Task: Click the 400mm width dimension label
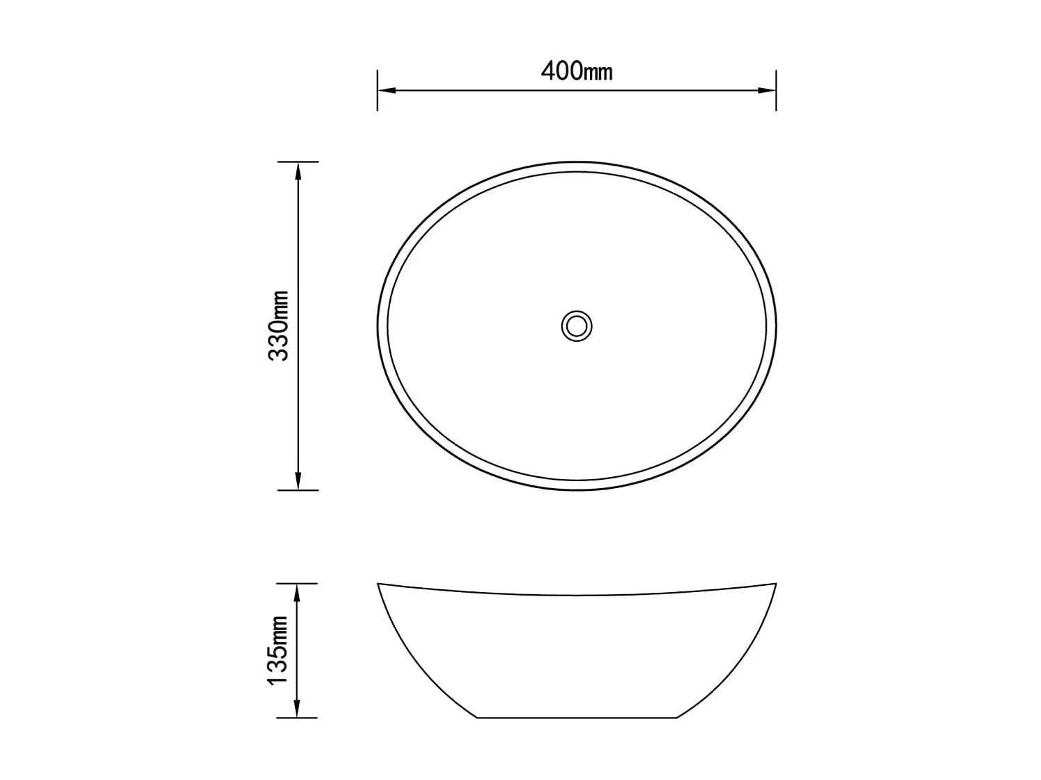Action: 576,71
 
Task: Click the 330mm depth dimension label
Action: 279,325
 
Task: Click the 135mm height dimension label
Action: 278,650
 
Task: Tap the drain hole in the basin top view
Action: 577,325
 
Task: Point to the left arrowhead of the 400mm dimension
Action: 386,90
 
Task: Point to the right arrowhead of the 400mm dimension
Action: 768,90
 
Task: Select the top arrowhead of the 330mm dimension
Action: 298,170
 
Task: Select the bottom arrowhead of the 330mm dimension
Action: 298,482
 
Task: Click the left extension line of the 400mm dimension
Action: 378,90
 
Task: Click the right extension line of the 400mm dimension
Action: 776,90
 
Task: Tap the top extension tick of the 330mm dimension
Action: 298,162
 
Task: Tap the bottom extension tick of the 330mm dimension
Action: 298,490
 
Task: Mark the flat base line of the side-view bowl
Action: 577,718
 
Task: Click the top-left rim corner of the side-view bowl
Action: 378,584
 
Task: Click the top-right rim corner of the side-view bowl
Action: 775,584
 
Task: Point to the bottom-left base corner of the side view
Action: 477,718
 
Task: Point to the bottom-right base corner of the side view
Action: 676,718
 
